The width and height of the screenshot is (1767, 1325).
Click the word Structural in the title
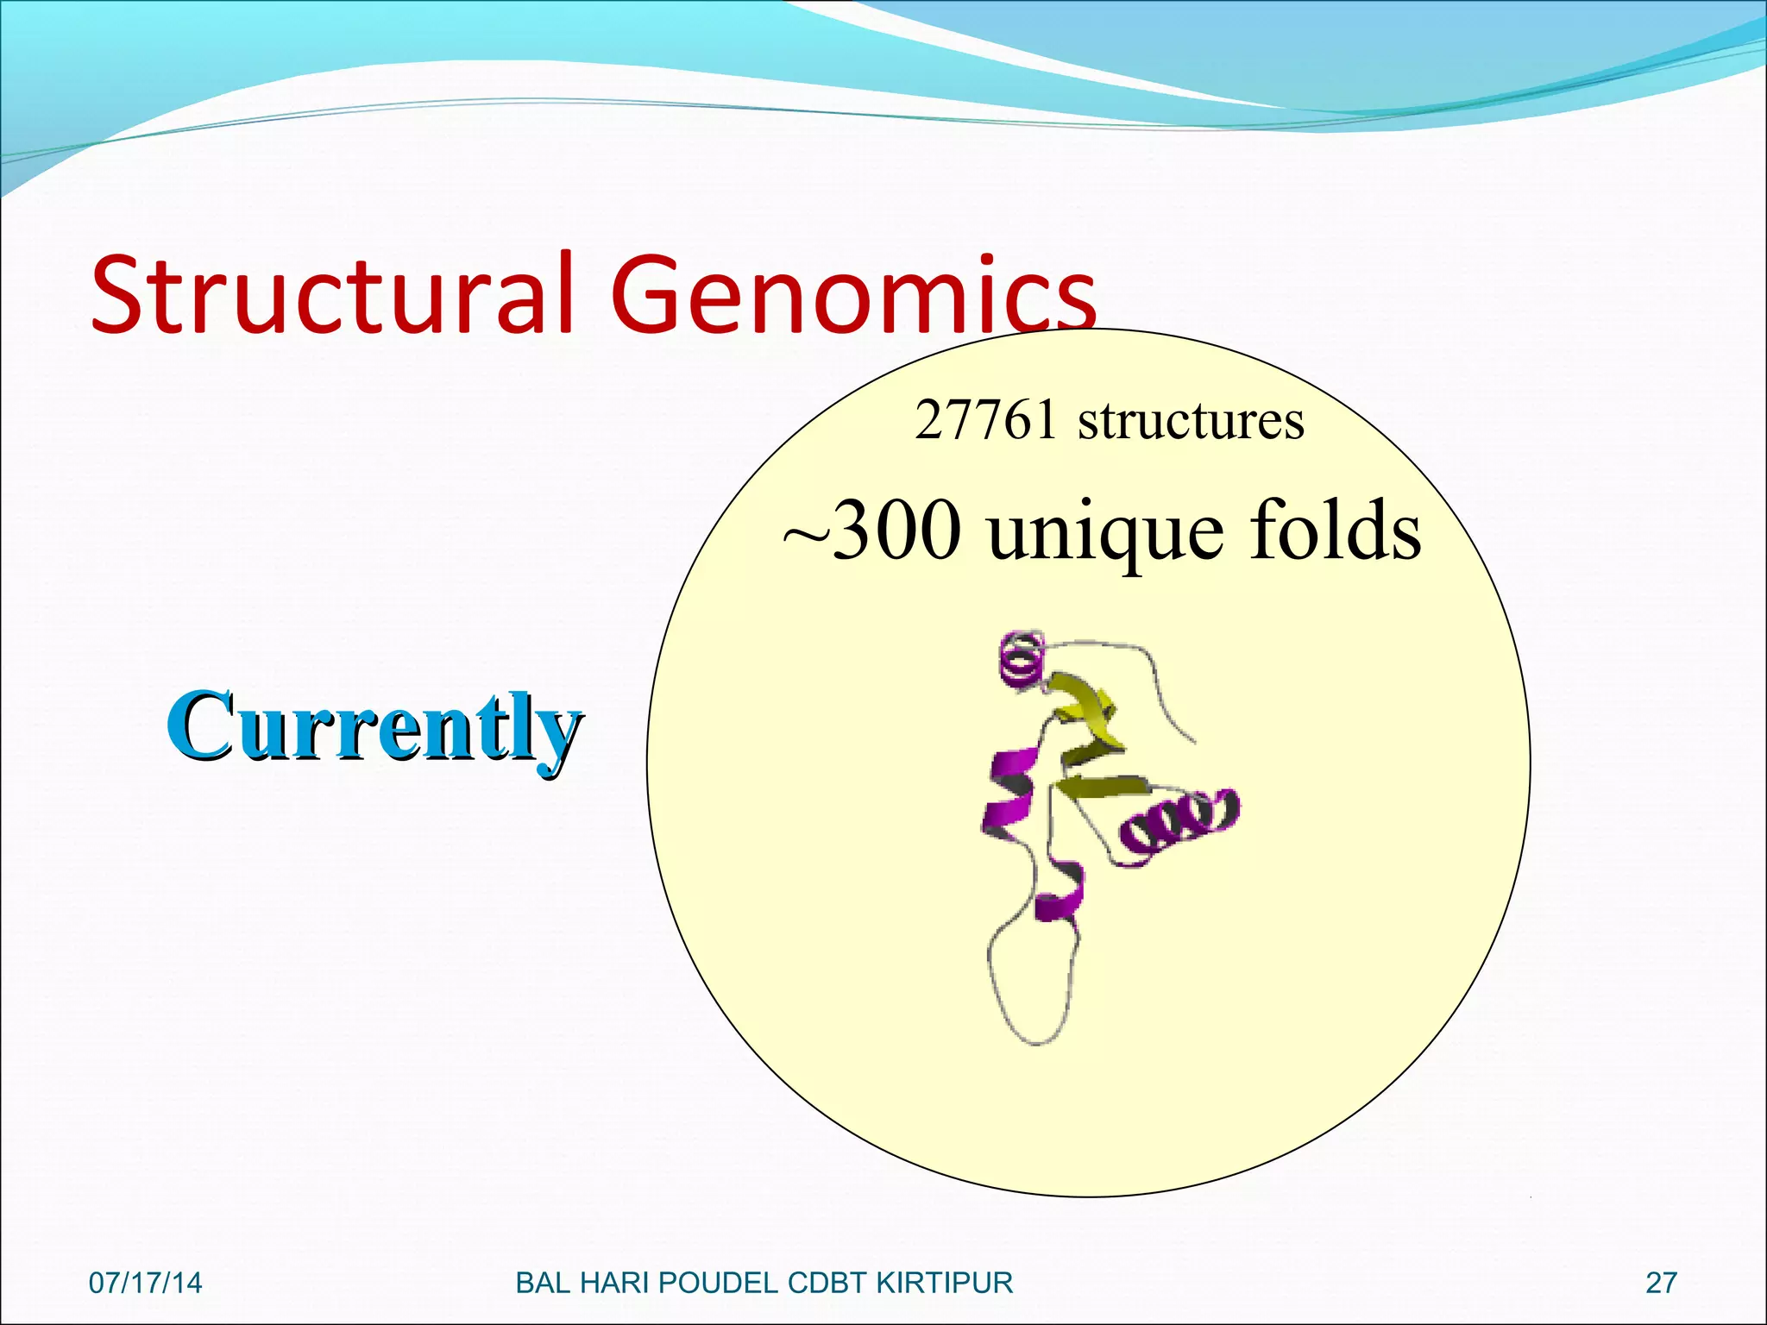(332, 293)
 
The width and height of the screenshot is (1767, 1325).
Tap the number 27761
(985, 421)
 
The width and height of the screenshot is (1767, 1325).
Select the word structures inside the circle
(1191, 421)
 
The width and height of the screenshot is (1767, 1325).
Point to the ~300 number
(871, 530)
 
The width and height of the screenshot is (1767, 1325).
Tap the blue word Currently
(374, 726)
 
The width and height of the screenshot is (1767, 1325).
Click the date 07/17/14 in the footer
(145, 1283)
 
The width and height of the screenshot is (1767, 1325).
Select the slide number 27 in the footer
(1661, 1283)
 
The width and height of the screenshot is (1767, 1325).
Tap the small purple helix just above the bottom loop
(1061, 893)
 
